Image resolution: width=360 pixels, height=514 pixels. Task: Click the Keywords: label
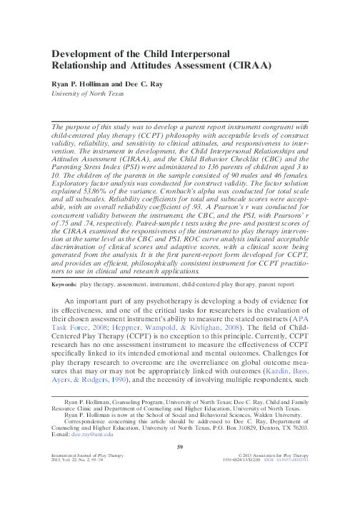coord(65,305)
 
